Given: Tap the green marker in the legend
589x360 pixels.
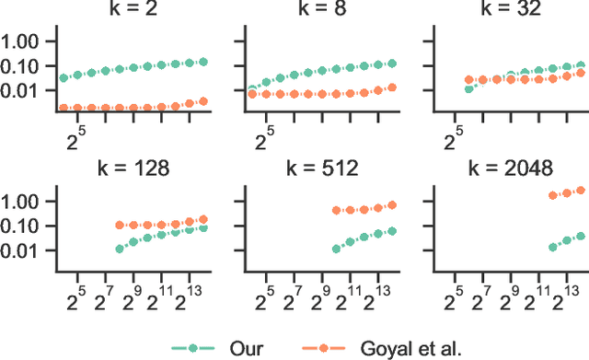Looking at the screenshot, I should click(193, 348).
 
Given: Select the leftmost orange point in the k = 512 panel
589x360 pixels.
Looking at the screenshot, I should click(336, 211).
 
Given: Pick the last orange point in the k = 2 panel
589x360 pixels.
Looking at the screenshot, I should click(203, 101).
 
